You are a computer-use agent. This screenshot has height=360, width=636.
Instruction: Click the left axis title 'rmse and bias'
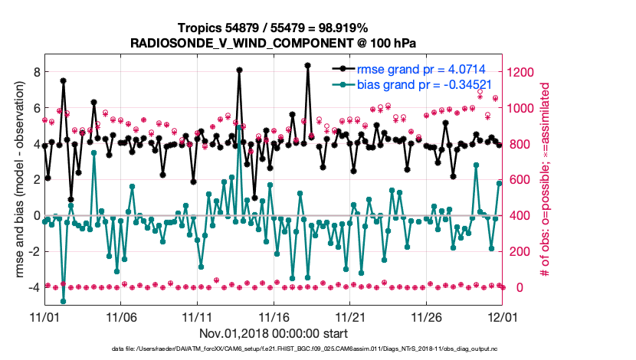click(18, 180)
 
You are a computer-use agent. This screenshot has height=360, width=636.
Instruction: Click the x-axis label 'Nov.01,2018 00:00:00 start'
click(274, 333)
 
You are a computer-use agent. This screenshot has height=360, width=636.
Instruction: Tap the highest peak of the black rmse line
click(307, 66)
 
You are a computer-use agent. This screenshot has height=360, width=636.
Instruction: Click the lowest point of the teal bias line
click(63, 301)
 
